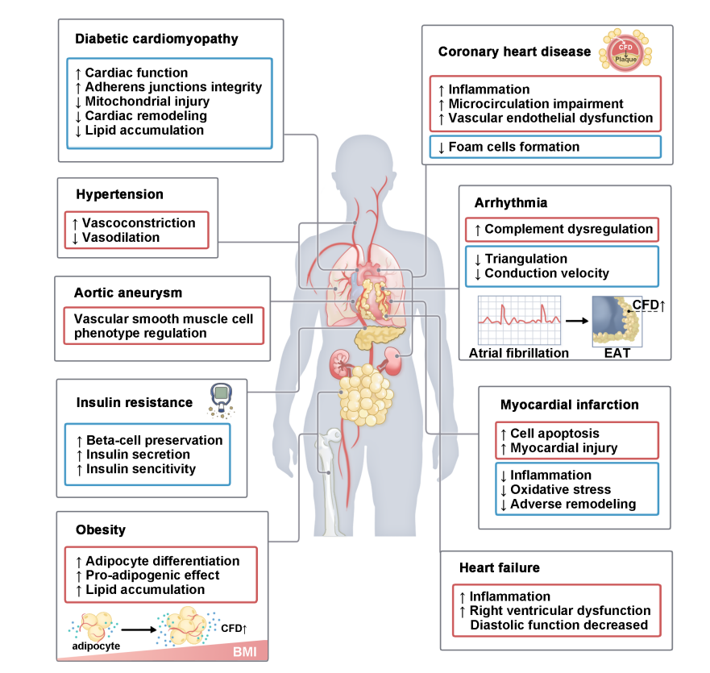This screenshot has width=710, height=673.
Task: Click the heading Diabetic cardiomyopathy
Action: point(156,38)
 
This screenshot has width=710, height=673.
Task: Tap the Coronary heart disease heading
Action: point(514,52)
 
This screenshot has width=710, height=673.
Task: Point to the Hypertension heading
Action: point(119,194)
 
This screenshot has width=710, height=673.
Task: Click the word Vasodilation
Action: point(122,238)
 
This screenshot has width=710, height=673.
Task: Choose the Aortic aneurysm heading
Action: point(129,292)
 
